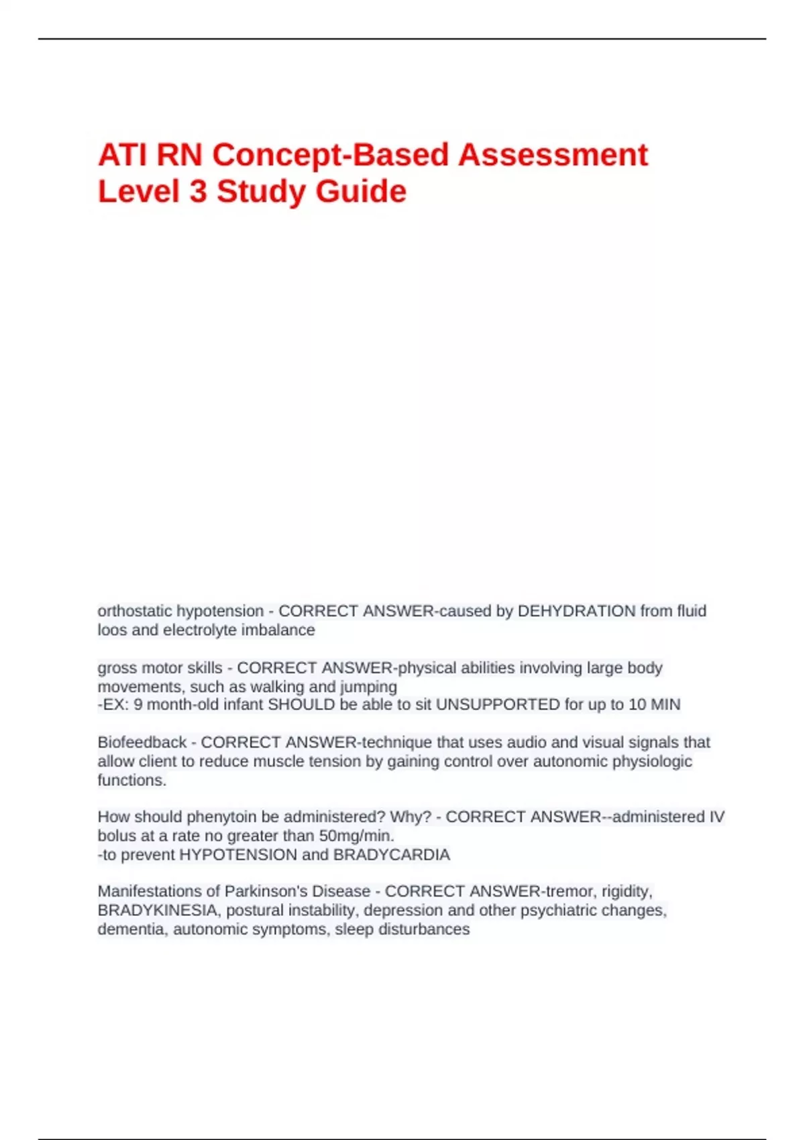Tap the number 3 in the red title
click(x=198, y=192)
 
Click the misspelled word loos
click(x=109, y=630)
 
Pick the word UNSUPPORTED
click(x=498, y=705)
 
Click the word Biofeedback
click(x=142, y=742)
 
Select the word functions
click(x=131, y=780)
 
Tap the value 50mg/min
click(x=356, y=836)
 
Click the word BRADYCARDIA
click(x=392, y=855)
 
